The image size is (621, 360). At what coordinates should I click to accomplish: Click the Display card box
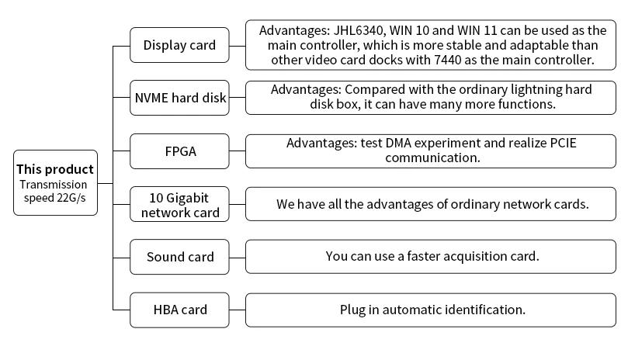click(x=179, y=45)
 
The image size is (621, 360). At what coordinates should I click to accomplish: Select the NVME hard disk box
click(x=179, y=98)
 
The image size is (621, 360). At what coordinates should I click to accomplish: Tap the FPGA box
click(x=179, y=151)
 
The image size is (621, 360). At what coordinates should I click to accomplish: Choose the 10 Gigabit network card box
click(x=179, y=204)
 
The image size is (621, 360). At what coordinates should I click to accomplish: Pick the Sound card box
click(x=179, y=257)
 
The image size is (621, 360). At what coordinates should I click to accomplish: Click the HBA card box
click(x=179, y=310)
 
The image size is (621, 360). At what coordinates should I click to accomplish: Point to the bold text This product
click(x=55, y=169)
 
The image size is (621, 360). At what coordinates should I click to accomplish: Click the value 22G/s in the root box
click(x=71, y=198)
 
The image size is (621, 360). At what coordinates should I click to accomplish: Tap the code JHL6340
click(x=359, y=30)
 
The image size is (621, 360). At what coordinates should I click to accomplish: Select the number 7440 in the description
click(x=448, y=60)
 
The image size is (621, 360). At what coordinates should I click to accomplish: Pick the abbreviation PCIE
click(x=564, y=143)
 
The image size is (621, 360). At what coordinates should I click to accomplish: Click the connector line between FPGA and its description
click(x=238, y=151)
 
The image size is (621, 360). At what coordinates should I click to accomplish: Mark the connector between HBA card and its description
click(x=238, y=310)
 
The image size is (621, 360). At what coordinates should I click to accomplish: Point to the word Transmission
click(x=54, y=185)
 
